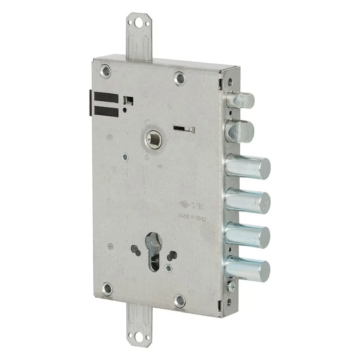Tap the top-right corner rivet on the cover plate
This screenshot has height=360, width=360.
click(x=180, y=78)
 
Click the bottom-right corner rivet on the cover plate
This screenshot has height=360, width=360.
click(x=180, y=300)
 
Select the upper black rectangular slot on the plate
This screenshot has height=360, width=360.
click(x=107, y=98)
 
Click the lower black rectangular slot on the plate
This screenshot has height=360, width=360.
click(x=107, y=111)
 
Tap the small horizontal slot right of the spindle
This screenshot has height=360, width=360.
click(x=184, y=129)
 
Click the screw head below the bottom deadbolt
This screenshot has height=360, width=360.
click(x=231, y=285)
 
